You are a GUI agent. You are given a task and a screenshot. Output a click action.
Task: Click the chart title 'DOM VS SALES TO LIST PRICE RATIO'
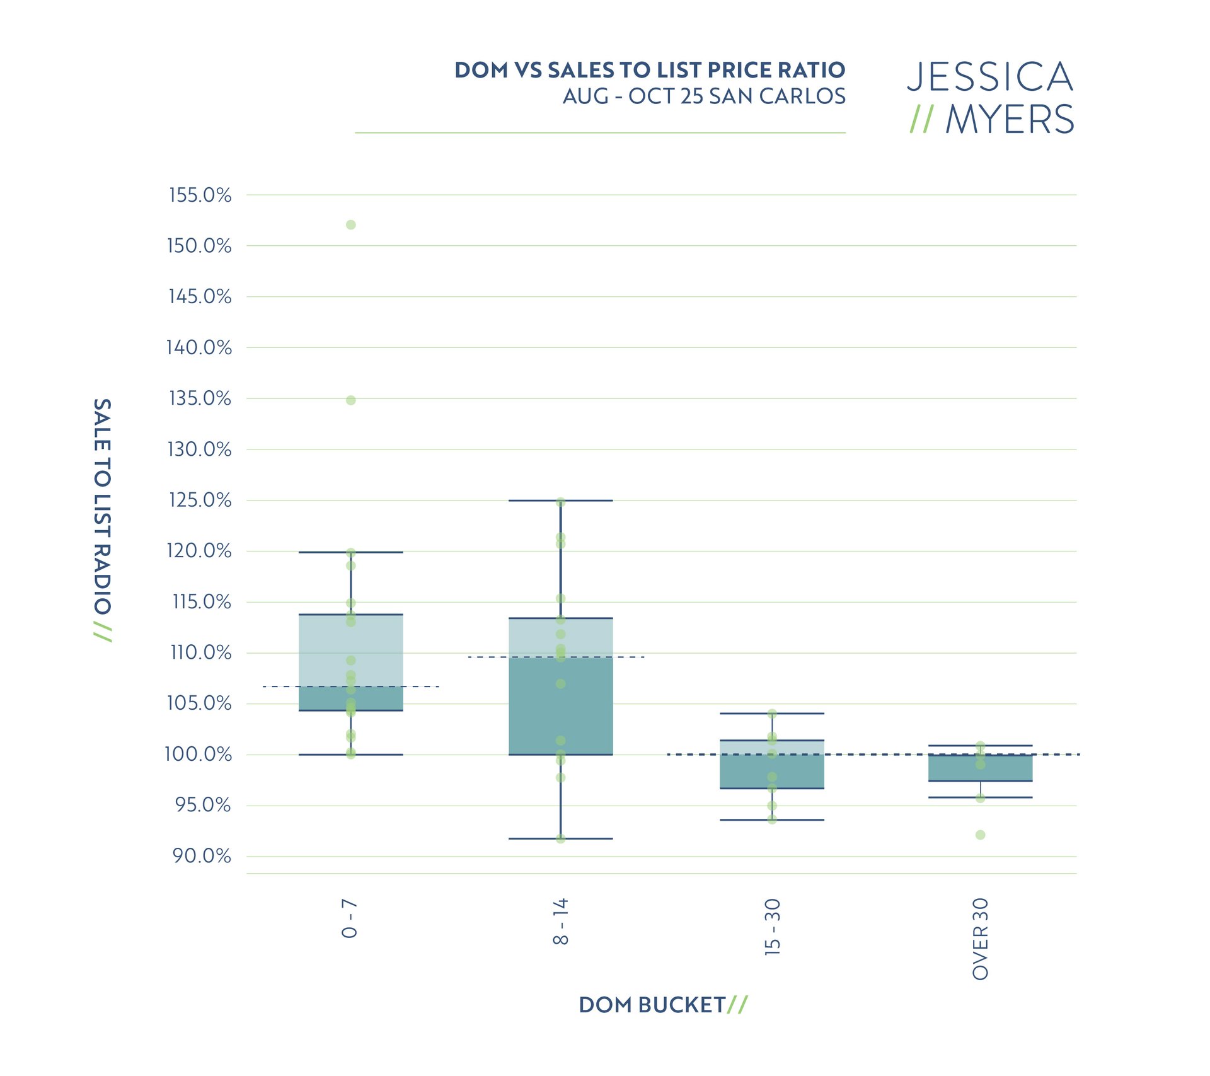pos(649,70)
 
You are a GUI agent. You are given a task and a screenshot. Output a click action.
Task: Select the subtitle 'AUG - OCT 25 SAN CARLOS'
pos(703,96)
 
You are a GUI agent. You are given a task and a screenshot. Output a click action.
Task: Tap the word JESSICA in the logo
pos(990,77)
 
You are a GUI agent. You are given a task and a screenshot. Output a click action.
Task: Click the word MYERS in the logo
pos(1009,120)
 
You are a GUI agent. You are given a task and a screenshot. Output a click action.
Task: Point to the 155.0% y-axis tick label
pos(200,195)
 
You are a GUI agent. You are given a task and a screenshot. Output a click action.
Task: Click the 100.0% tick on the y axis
pos(198,754)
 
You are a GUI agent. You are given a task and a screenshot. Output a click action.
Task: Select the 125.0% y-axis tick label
pos(200,500)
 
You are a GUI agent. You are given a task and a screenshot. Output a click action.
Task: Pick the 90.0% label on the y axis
pos(202,856)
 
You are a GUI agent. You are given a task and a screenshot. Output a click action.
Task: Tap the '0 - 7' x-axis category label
pos(350,918)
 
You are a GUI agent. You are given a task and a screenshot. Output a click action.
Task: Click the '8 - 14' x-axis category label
pos(561,922)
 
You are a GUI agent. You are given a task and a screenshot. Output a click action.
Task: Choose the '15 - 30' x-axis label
pos(772,927)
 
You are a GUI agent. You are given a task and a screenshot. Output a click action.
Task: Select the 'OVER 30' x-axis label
pos(981,939)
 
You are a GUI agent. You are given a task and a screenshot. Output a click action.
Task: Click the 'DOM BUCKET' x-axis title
pos(652,1005)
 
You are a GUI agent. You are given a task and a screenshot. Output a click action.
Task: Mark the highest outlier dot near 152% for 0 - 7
pos(351,225)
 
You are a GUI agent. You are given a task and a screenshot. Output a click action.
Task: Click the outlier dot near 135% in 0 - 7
pos(351,400)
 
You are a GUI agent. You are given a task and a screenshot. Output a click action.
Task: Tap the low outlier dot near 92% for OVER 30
pos(981,835)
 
